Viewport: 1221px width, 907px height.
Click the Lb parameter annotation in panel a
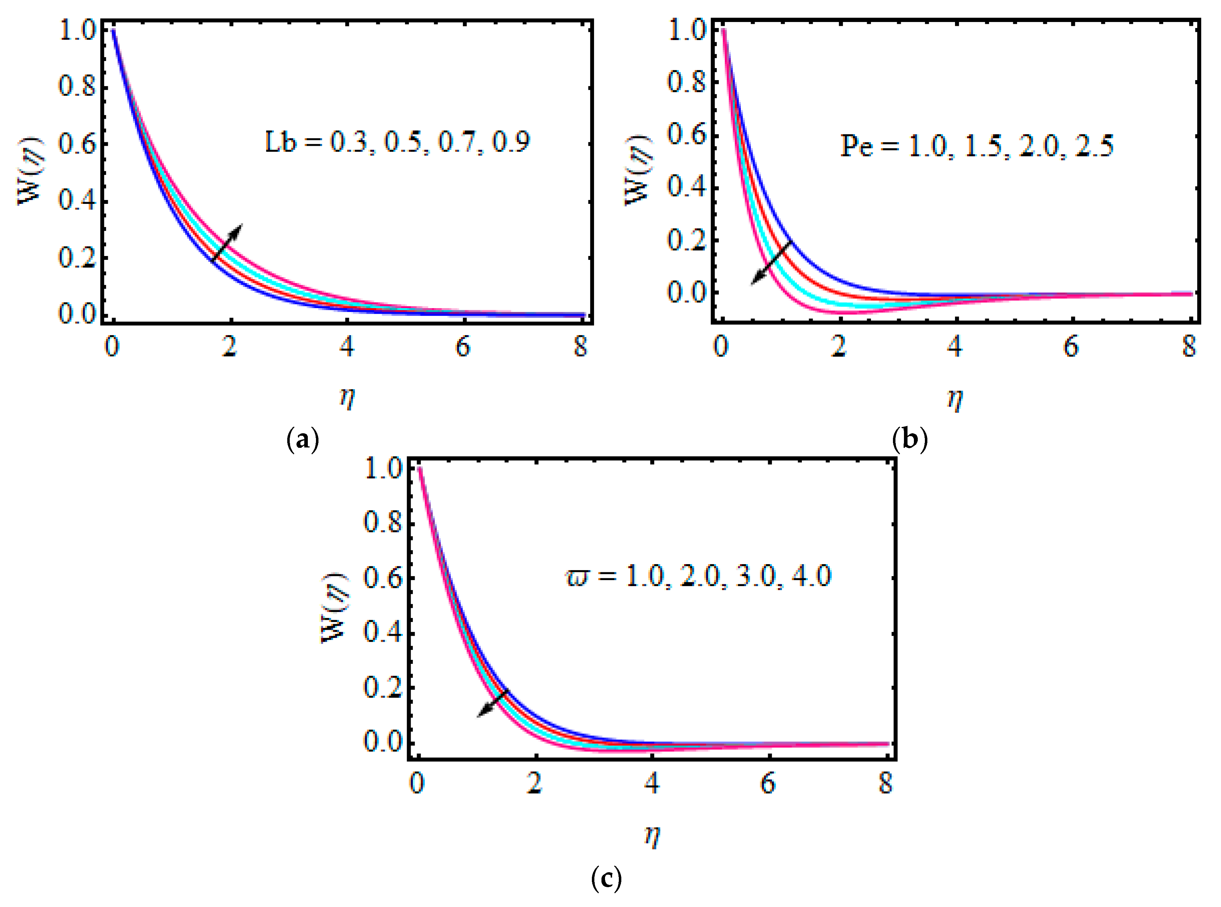point(396,142)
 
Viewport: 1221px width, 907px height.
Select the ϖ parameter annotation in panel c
point(698,577)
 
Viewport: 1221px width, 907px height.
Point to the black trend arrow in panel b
point(771,263)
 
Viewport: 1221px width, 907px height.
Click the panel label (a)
point(303,440)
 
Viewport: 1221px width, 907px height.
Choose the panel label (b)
point(910,440)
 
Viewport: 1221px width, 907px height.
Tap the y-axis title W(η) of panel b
point(638,170)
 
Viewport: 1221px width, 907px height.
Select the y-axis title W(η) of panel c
point(334,607)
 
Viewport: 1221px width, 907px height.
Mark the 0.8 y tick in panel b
point(686,82)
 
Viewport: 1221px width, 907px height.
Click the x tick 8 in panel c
point(886,784)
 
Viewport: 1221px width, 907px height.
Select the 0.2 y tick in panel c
point(383,688)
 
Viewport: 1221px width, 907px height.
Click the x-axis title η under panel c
point(652,836)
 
